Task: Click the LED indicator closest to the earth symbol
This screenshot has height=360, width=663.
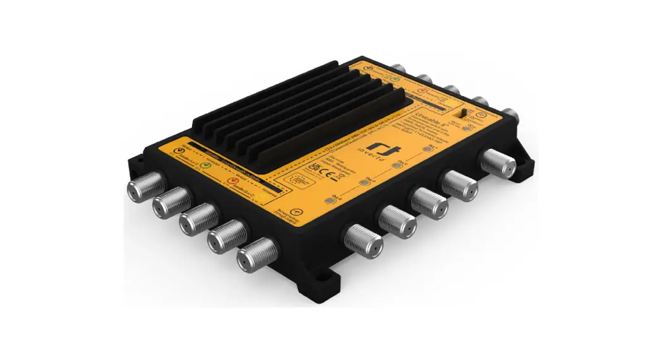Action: [330, 201]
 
